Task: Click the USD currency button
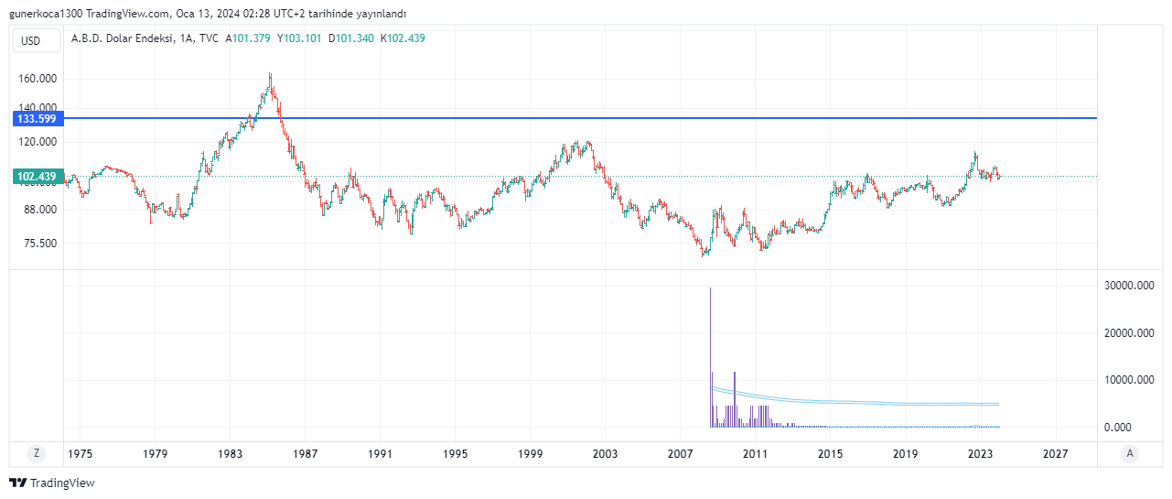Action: [31, 40]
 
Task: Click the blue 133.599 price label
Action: [37, 119]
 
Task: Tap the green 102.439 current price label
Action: [37, 177]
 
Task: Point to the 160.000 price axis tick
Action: [38, 80]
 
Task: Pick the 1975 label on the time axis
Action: [80, 453]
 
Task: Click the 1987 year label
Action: [306, 453]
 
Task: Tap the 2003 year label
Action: [605, 453]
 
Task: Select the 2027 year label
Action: [1056, 453]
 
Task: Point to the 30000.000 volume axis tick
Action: [1127, 286]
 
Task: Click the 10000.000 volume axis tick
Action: [1127, 380]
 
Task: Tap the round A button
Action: [1131, 453]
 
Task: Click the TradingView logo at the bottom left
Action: [52, 483]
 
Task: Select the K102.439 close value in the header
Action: [403, 38]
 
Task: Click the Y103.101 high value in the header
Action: [299, 38]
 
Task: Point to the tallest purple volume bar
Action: [711, 357]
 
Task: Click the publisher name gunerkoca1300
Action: [45, 14]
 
